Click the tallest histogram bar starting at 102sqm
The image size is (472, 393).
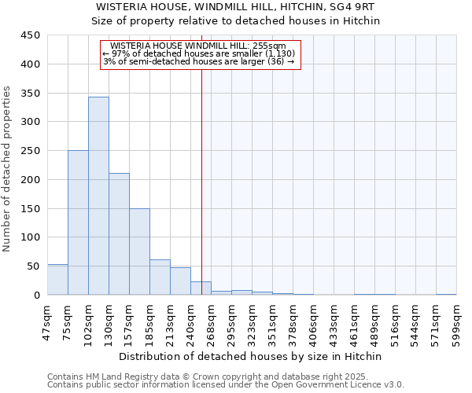coord(98,196)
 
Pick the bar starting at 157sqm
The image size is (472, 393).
coord(139,252)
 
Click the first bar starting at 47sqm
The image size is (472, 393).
coord(57,280)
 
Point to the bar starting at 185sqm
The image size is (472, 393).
coord(160,277)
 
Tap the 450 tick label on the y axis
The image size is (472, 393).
coord(31,35)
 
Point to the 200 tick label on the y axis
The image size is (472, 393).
coord(31,180)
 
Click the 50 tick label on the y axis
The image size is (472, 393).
coord(34,266)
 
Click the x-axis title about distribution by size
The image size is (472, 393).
coord(252,356)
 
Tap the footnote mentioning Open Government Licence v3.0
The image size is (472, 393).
coord(225,384)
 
